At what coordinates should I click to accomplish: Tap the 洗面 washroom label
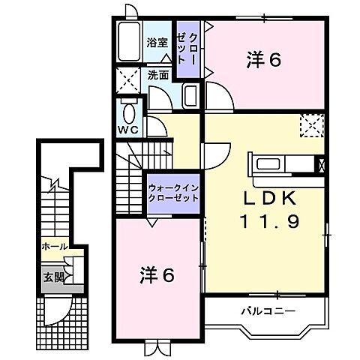(157, 75)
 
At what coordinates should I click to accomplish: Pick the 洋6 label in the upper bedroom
(263, 61)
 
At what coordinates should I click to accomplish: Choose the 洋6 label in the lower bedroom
(157, 275)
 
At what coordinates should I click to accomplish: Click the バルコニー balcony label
(267, 310)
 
